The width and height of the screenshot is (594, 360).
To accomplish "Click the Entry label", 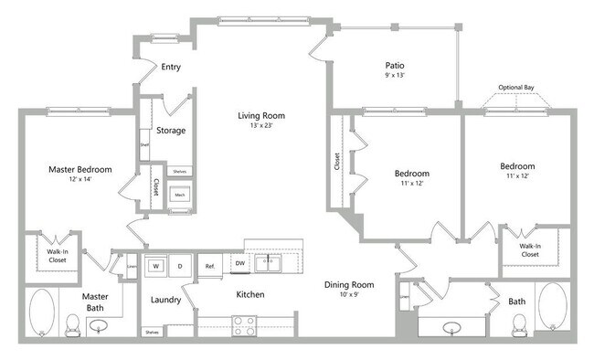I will tap(171, 67).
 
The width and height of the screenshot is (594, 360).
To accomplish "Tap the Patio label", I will tap(395, 66).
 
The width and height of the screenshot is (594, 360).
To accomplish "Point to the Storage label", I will tap(171, 130).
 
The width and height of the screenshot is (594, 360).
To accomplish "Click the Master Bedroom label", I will tap(80, 169).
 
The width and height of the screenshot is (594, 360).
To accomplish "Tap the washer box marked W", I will tap(156, 266).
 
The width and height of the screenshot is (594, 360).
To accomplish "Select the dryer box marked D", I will tap(180, 266).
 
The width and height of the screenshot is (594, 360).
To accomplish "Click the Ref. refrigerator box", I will tap(209, 266).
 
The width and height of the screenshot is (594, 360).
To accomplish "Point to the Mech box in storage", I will tap(180, 195).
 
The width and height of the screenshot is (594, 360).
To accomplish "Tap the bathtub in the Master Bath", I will tap(42, 313).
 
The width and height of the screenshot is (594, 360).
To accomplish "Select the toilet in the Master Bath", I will tap(74, 323).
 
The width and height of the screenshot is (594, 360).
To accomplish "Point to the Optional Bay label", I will tap(516, 88).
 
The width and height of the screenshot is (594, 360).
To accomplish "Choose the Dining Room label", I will tap(350, 284).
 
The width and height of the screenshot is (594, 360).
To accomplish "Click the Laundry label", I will tap(165, 300).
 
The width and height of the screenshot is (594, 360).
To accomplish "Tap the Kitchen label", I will tap(250, 294).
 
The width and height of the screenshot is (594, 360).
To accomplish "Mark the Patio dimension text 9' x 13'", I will tap(395, 76).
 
